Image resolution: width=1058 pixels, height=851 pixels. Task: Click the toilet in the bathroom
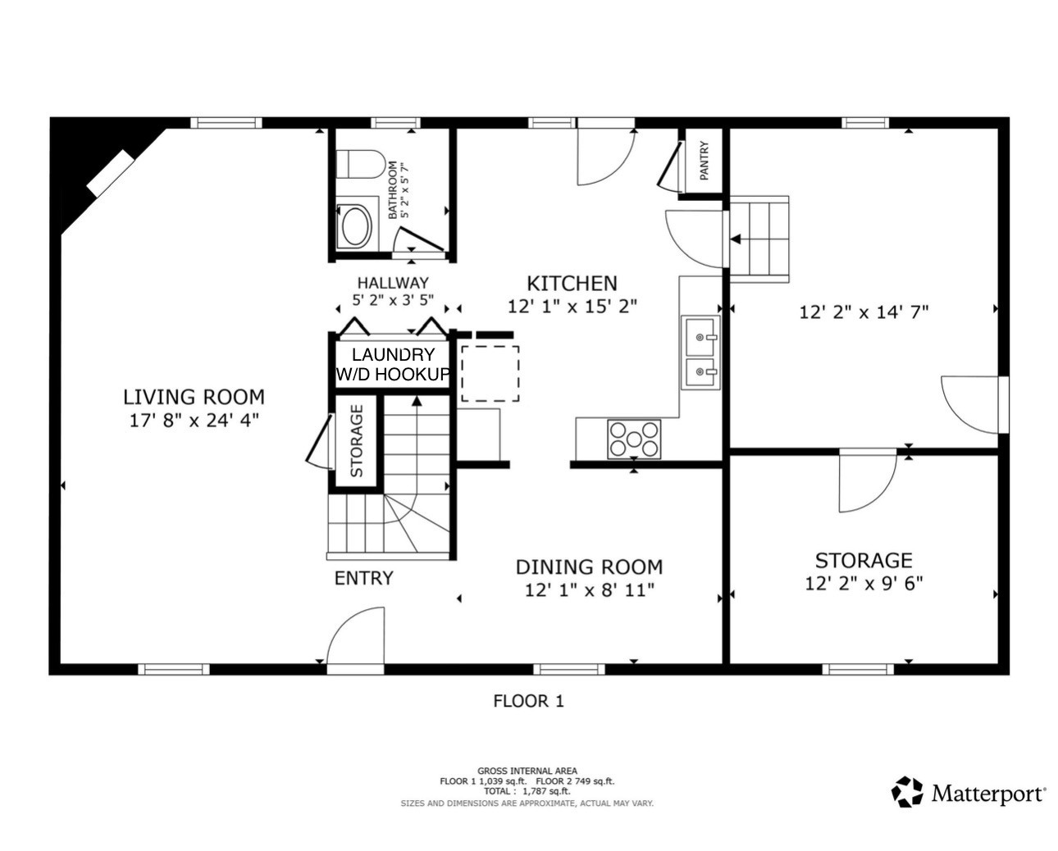[x=360, y=164]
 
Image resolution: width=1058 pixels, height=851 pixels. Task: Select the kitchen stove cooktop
[x=634, y=439]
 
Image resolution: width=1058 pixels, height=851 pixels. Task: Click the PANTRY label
[x=704, y=160]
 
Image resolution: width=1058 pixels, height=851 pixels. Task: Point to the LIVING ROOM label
[x=194, y=397]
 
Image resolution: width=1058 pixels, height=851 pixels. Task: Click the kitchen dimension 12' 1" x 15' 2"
[x=572, y=307]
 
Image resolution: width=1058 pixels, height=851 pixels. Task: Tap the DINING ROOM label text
[x=589, y=567]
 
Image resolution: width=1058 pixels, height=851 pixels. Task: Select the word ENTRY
[x=364, y=578]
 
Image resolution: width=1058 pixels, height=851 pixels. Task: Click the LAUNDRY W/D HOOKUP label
[x=393, y=364]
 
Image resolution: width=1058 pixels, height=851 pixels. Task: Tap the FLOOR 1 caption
[x=528, y=701]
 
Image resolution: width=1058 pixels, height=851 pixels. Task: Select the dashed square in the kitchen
[x=490, y=374]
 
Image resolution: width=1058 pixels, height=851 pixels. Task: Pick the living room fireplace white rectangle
[x=111, y=174]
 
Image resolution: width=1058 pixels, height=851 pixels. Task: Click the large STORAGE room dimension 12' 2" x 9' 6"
[x=864, y=584]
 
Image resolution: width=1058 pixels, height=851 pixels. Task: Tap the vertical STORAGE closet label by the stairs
[x=357, y=440]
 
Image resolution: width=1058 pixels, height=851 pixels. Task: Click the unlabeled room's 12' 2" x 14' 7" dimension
[x=864, y=312]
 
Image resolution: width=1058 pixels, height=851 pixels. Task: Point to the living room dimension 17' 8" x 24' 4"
[x=194, y=421]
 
